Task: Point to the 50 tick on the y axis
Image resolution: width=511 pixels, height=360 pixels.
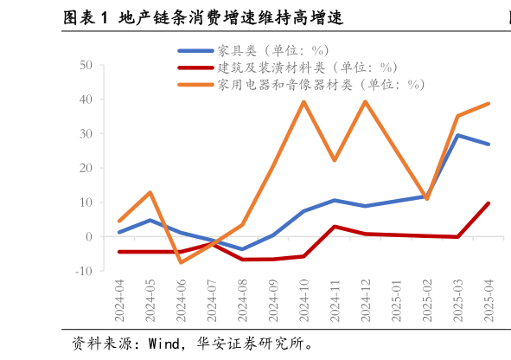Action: [86, 65]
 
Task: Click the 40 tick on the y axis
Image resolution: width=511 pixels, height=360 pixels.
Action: [86, 100]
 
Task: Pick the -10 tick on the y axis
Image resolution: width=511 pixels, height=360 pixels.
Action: [84, 271]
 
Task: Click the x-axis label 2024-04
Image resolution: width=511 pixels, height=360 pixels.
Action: [119, 300]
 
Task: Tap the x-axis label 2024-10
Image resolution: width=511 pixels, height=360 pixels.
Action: [303, 300]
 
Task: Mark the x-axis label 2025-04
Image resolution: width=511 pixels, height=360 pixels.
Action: [488, 300]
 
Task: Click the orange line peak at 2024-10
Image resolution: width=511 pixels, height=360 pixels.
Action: [303, 102]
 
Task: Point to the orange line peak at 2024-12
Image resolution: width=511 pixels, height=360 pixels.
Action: [365, 102]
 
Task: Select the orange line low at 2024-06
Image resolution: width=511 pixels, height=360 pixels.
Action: [181, 262]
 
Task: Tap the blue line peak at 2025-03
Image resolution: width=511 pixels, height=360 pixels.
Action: [457, 135]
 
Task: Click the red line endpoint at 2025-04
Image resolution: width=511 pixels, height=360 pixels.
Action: [488, 203]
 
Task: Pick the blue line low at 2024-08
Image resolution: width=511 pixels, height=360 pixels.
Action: [242, 249]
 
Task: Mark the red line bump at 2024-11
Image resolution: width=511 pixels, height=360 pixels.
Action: [335, 227]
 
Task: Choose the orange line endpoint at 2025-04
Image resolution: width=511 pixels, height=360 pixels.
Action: [488, 104]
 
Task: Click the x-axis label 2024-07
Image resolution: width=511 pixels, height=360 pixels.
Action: [212, 300]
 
